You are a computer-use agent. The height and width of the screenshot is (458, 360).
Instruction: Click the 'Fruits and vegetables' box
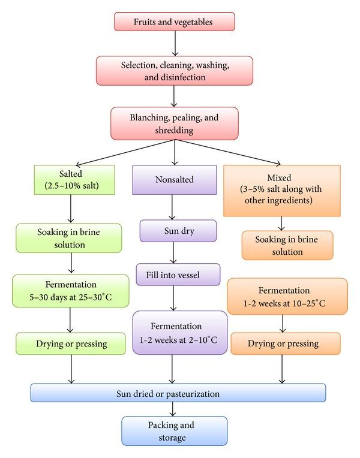[174, 22]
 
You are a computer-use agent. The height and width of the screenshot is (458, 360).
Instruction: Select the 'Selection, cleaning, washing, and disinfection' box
[174, 70]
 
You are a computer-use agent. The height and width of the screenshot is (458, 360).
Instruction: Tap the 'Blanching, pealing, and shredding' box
[174, 123]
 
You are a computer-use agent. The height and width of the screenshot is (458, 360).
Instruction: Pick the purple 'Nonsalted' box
[174, 179]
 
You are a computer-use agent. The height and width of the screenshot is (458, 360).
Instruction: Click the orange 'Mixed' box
[282, 190]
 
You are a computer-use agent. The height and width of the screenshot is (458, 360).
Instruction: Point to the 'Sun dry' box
[178, 231]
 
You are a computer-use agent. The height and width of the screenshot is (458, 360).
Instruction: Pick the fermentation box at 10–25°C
[287, 296]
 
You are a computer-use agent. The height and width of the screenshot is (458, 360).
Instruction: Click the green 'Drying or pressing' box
[71, 343]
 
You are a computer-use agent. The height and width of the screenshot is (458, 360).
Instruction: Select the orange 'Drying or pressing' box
[285, 343]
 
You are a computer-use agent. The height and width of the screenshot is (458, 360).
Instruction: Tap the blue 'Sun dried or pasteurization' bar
[178, 393]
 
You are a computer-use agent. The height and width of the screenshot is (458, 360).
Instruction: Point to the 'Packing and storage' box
[174, 431]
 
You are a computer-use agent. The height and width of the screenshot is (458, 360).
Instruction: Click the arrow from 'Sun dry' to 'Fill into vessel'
[174, 252]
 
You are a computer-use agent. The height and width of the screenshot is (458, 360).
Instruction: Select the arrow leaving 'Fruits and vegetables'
[174, 43]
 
